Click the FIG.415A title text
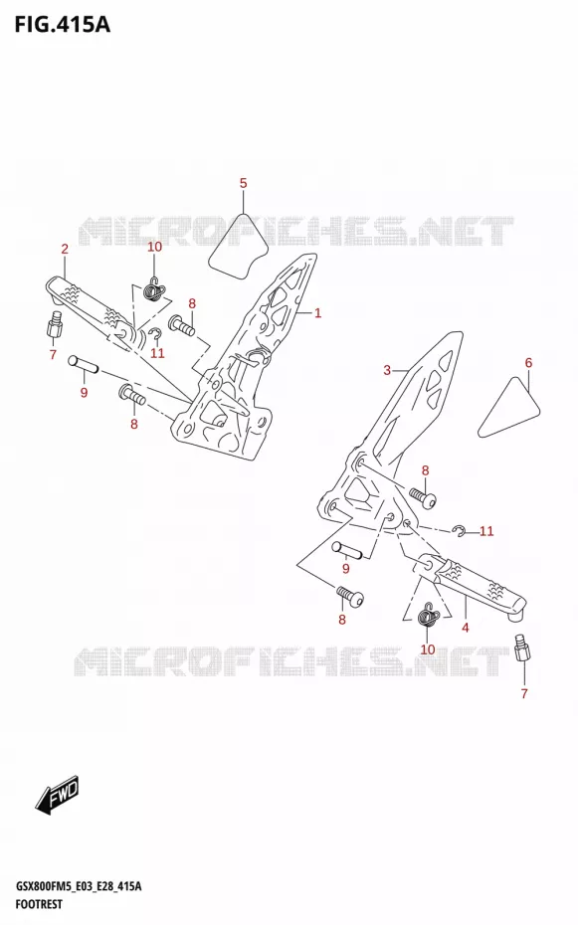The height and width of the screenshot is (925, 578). [63, 24]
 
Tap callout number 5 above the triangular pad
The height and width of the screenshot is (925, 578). [243, 183]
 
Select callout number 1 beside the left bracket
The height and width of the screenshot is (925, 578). [317, 312]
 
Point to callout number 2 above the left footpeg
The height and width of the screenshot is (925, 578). [65, 249]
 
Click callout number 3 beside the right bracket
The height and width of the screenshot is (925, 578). [387, 370]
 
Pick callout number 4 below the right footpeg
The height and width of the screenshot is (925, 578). [466, 628]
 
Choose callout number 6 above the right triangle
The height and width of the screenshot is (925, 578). [528, 363]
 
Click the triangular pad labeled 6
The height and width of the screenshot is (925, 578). [509, 408]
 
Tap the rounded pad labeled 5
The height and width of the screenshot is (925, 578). [237, 248]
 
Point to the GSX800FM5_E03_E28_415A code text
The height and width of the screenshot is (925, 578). [78, 886]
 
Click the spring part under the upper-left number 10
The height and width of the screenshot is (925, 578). [155, 288]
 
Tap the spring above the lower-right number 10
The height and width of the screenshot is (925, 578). [428, 616]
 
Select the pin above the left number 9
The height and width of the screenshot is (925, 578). [82, 363]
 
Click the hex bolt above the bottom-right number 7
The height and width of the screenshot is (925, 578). [522, 647]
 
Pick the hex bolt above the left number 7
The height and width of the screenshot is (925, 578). [55, 324]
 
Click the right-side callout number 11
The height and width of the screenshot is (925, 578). [486, 531]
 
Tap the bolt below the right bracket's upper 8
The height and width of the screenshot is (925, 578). [423, 498]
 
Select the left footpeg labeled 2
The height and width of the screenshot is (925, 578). [92, 309]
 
